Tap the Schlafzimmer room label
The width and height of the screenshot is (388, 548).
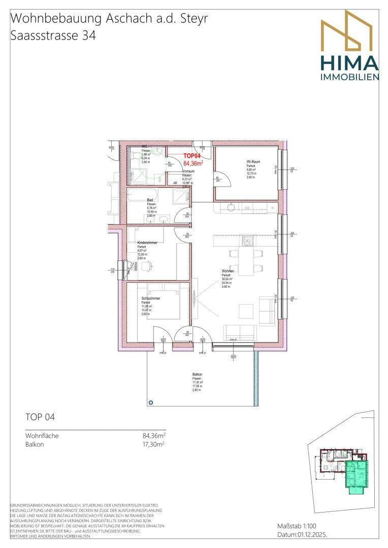pyautogui.click(x=151, y=298)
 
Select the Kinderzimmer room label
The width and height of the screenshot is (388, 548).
pyautogui.click(x=147, y=243)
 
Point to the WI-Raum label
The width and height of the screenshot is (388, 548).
pyautogui.click(x=253, y=162)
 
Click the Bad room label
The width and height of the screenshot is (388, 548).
pyautogui.click(x=150, y=200)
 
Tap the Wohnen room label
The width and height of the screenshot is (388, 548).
pyautogui.click(x=227, y=271)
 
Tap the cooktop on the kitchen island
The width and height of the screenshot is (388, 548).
pyautogui.click(x=248, y=239)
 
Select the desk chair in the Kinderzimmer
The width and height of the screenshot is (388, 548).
pyautogui.click(x=147, y=266)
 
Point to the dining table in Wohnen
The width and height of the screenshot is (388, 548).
pyautogui.click(x=247, y=261)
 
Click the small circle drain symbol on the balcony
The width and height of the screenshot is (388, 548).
pyautogui.click(x=150, y=403)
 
